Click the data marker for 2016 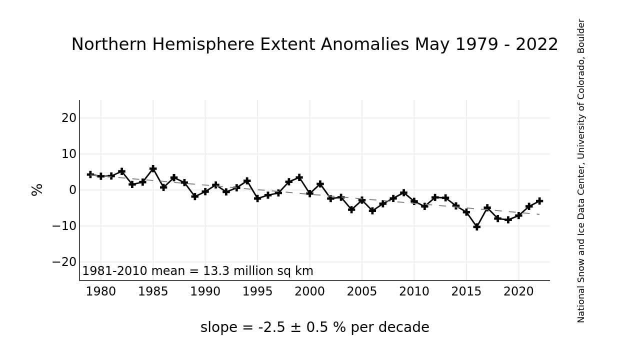(477, 226)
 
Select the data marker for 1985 (153, 169)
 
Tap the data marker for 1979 (90, 174)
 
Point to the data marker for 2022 (539, 201)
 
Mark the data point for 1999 (299, 177)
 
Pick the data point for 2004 (351, 209)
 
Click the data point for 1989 (195, 196)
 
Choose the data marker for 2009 (404, 193)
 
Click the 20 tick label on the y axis (69, 118)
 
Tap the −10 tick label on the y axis (64, 226)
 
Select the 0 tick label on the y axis (73, 190)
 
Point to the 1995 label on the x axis (257, 292)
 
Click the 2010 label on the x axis (414, 292)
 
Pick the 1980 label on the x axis (101, 292)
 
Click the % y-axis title (37, 190)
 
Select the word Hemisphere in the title (200, 45)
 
